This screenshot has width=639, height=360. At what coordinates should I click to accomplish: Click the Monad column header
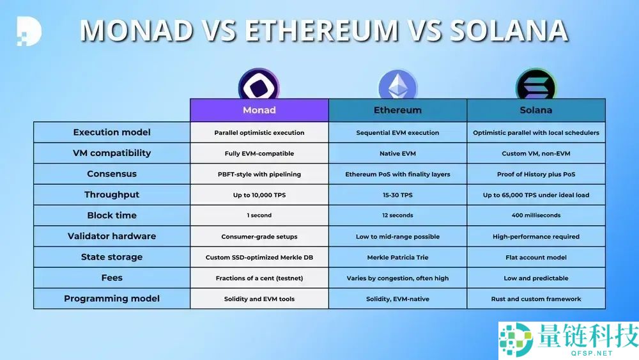point(259,110)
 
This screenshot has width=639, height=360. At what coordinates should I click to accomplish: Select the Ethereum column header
point(397,110)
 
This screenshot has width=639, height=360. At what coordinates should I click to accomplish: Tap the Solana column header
point(536,110)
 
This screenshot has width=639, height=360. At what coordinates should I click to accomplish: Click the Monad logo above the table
point(259,84)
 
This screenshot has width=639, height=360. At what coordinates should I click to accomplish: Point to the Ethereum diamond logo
point(397,85)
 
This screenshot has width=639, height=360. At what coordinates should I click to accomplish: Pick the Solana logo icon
point(536,84)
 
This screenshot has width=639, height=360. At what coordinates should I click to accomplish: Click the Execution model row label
point(112,132)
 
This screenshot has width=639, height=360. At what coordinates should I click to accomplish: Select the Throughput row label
point(112,194)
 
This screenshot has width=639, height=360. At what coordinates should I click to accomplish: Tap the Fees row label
point(112,278)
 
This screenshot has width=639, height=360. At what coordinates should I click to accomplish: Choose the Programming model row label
point(112,299)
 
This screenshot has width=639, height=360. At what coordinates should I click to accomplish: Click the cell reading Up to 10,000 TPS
point(259,195)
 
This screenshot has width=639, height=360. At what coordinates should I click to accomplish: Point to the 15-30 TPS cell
point(397,195)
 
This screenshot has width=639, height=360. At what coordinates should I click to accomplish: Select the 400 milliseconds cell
point(536,215)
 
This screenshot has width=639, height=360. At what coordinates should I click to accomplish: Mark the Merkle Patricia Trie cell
point(397,257)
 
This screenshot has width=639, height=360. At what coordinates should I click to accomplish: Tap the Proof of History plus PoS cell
point(536,174)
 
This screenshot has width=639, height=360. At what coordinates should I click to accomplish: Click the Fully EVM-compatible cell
point(259,153)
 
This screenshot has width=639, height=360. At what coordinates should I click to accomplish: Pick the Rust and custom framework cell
point(536,299)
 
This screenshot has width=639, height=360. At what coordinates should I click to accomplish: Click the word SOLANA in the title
point(509,30)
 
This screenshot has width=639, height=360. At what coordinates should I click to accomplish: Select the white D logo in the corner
point(29,31)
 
